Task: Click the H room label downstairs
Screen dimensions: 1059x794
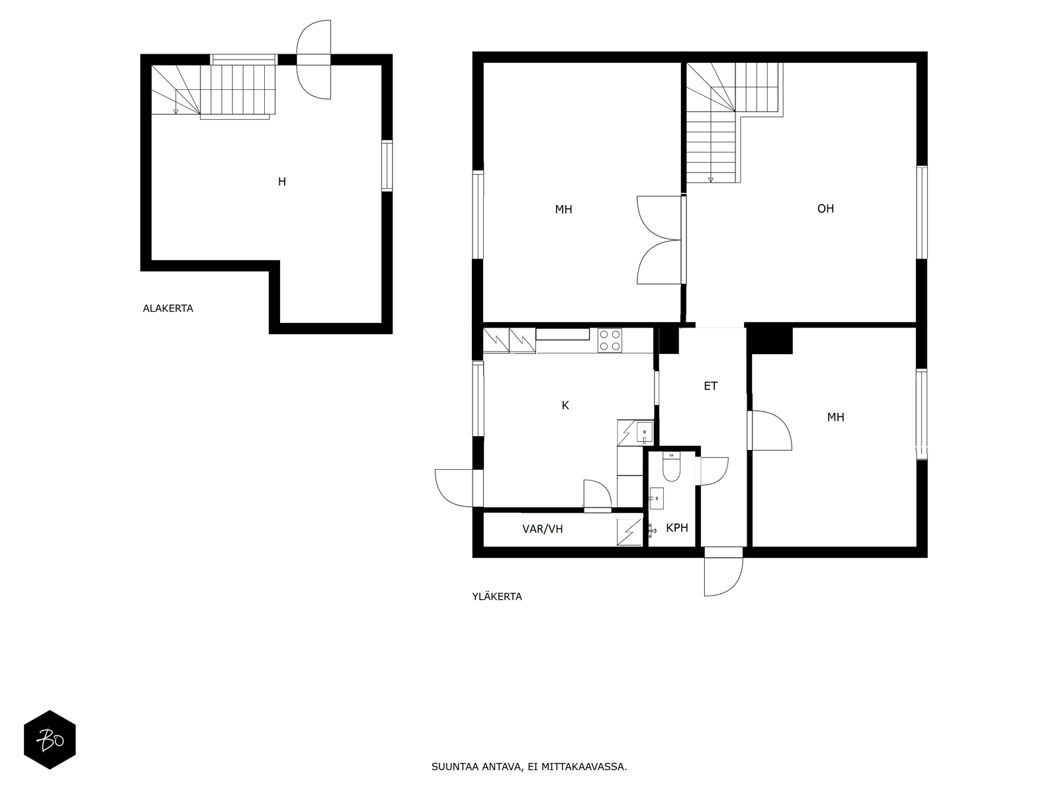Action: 282,182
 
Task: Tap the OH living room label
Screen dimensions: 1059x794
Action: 825,208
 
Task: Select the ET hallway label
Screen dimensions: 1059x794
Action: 710,386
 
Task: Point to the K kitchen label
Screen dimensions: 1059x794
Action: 565,406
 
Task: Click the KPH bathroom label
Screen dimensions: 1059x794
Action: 677,528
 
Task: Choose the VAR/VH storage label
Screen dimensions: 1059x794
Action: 542,529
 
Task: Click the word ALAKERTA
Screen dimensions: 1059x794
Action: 168,308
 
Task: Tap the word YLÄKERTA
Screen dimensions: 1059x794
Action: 497,596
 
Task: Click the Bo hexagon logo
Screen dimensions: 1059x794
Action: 50,740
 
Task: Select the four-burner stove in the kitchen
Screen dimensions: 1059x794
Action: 610,340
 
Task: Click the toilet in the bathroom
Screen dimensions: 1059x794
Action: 671,466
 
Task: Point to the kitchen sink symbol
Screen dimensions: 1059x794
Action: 644,433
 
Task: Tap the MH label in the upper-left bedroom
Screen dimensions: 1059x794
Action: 563,210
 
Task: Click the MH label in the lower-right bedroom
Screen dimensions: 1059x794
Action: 836,418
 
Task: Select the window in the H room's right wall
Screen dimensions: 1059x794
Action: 387,166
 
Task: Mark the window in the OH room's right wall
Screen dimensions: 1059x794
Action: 922,212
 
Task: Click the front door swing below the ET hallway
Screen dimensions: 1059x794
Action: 723,571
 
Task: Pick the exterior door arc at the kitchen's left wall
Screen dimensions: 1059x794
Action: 453,488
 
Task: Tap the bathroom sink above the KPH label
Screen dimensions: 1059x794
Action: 656,498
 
